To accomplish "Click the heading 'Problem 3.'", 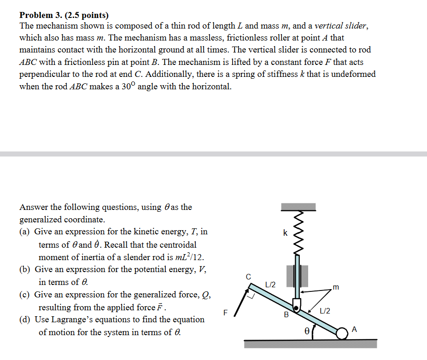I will [40, 15].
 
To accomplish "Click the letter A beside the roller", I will [354, 329].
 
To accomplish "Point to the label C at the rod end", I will [248, 277].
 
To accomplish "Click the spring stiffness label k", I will [285, 233].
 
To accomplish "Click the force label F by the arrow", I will [225, 312].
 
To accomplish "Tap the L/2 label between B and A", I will [325, 312].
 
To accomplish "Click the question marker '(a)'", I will [25, 232].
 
